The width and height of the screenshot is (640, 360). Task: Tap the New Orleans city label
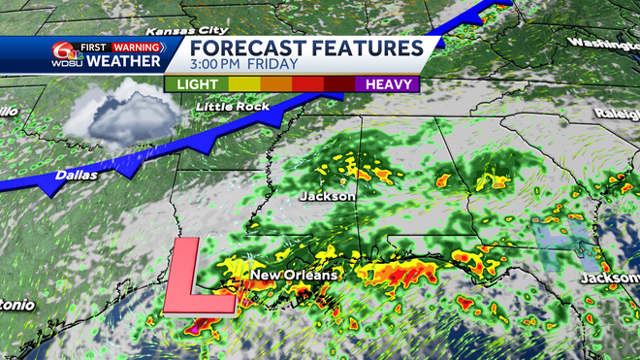[x=295, y=276]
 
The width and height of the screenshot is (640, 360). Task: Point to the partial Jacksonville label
[x=610, y=278]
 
